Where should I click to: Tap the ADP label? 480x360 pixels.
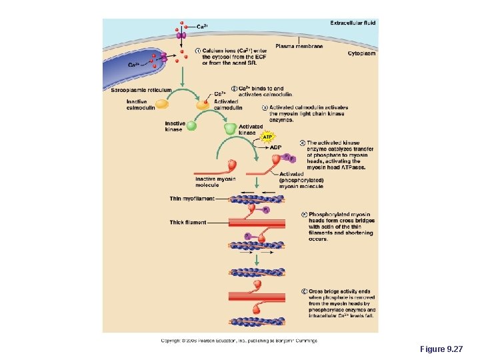275,147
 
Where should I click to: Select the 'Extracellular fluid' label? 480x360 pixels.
353,23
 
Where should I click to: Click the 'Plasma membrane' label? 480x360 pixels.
299,46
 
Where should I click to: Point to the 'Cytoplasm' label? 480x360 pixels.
361,53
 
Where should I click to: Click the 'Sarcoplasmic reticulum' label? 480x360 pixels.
141,90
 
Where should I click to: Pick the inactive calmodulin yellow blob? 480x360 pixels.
162,103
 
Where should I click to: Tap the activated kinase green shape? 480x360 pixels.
230,128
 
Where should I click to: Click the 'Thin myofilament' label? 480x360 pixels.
193,198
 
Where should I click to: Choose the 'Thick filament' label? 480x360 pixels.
188,222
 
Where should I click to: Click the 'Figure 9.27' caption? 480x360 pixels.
441,349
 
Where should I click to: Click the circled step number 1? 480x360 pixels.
197,51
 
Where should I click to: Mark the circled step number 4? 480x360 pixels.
302,142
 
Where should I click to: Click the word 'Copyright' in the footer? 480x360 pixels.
171,341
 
